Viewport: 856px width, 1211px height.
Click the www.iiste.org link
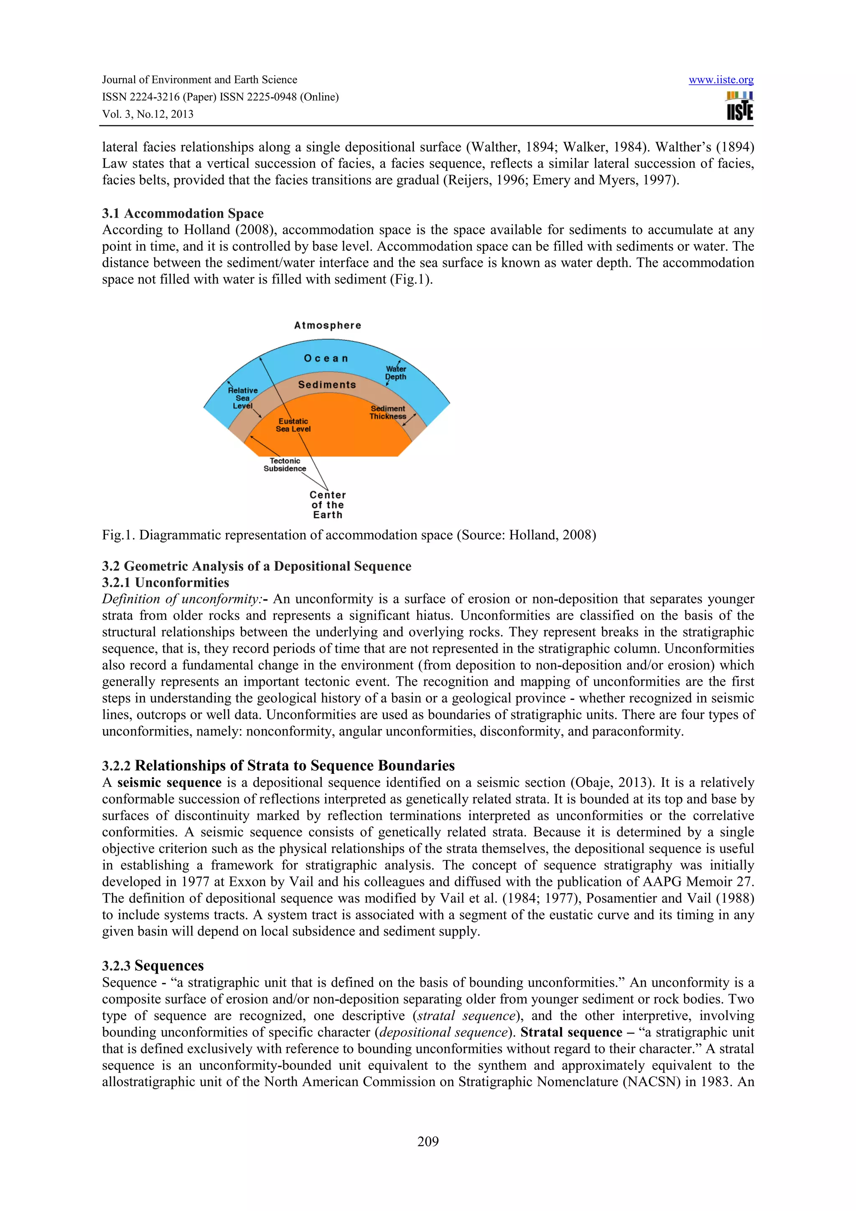[x=721, y=80]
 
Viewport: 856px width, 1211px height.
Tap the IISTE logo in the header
[x=739, y=106]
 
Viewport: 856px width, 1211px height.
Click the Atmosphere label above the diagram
[x=328, y=326]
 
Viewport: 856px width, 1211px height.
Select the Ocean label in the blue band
[x=326, y=359]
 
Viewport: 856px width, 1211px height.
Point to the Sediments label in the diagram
[x=327, y=384]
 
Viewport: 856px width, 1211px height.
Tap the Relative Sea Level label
[x=242, y=398]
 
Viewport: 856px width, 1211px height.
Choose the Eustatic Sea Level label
[x=293, y=425]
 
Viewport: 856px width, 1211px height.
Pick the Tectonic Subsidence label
[x=285, y=465]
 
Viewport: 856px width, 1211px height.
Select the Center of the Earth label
[x=328, y=505]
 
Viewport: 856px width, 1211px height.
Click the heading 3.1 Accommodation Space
[x=183, y=214]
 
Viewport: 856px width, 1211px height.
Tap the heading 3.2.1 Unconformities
[x=165, y=583]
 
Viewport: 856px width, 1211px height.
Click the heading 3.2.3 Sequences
[x=153, y=966]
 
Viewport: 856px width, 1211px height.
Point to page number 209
[x=428, y=1142]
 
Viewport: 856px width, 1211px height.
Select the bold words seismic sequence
[x=169, y=783]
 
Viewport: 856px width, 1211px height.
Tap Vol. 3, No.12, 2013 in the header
[x=148, y=114]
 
